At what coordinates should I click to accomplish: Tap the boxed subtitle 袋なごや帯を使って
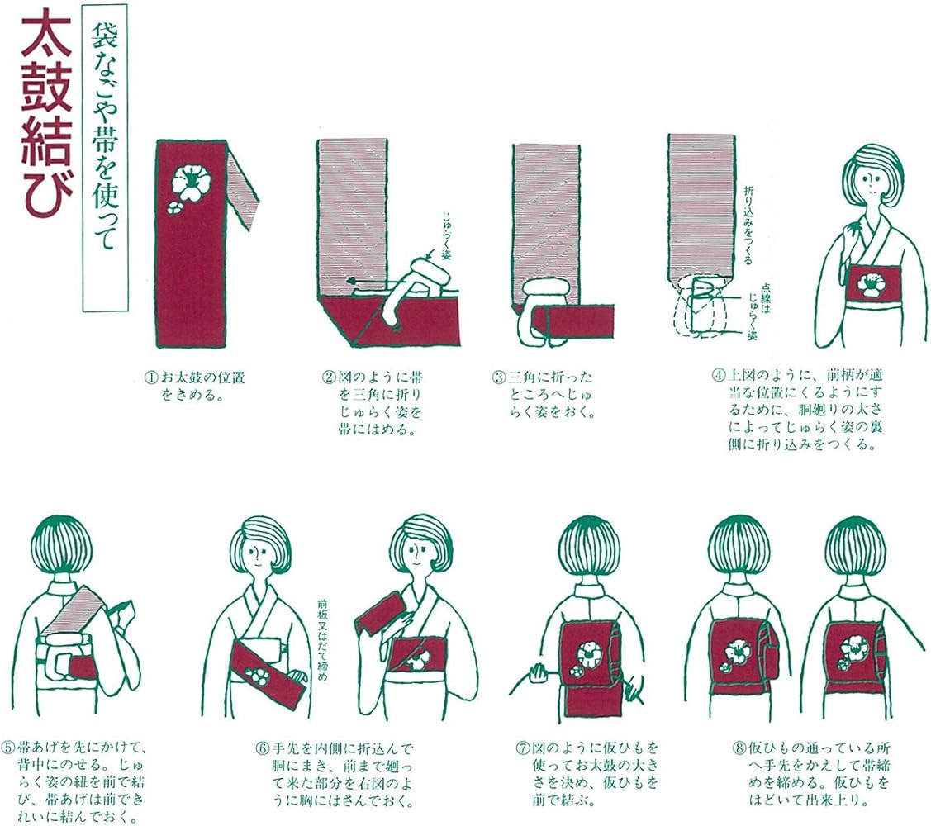coord(104,158)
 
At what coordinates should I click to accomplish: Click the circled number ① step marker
coord(151,377)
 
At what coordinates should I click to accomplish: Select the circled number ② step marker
coord(329,377)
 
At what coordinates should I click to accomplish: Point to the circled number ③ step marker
coord(499,377)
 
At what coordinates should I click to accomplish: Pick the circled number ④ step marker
coord(719,375)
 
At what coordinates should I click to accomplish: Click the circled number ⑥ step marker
coord(263,748)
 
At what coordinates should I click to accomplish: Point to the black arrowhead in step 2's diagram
coord(352,280)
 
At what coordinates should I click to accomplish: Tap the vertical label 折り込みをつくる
coord(748,225)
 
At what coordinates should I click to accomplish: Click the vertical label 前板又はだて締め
coord(322,640)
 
